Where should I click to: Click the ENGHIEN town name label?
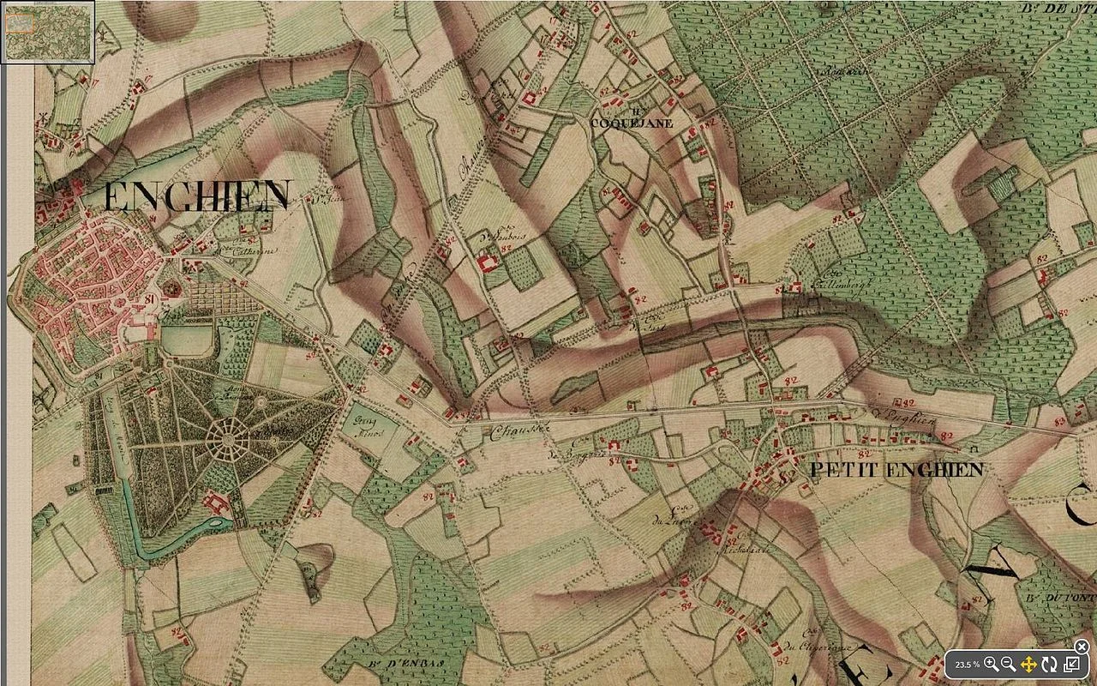pos(198,197)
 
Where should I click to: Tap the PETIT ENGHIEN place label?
pos(896,470)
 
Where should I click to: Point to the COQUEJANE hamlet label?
pos(632,123)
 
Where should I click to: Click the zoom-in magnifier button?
pos(991,665)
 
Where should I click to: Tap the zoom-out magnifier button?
pos(1009,665)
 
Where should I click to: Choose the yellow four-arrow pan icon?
pos(1029,665)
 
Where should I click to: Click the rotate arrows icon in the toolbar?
pos(1050,665)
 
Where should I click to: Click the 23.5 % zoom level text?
pos(967,665)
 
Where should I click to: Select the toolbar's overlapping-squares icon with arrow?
pos(1071,665)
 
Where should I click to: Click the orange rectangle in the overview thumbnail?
pos(19,24)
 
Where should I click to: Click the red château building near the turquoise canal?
pos(215,501)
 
